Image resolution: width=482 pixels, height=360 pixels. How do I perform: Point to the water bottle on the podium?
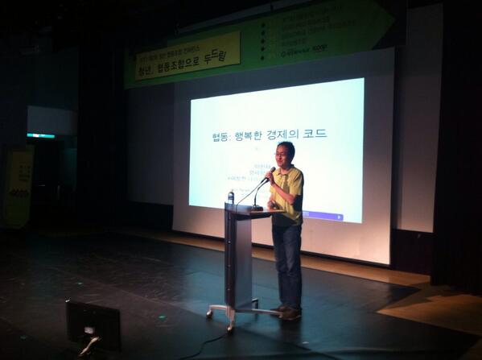(231, 196)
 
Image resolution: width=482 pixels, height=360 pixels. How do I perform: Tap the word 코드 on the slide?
(315, 134)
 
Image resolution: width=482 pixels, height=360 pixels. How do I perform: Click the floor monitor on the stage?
(93, 323)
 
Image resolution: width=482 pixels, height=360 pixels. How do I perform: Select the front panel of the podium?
(239, 258)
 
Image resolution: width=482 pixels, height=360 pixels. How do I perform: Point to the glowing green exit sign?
(39, 135)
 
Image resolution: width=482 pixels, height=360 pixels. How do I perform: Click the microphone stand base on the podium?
(257, 208)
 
